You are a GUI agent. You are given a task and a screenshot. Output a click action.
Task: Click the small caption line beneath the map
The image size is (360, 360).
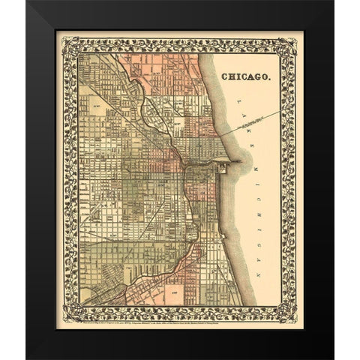[180, 310]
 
